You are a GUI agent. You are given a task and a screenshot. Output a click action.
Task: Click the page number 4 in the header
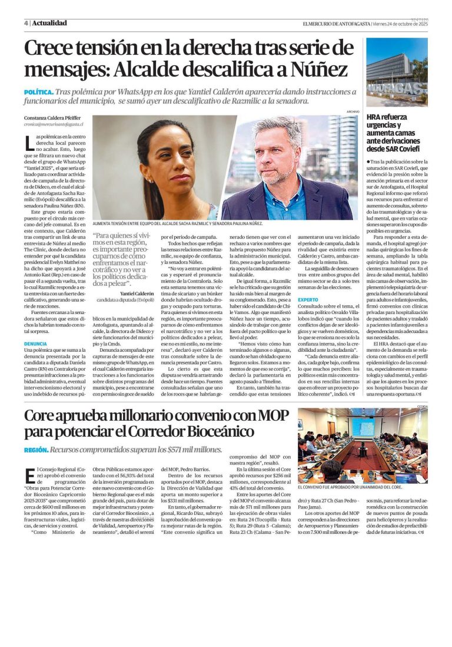[x=26, y=24]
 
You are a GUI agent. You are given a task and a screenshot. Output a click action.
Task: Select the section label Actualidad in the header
[x=49, y=24]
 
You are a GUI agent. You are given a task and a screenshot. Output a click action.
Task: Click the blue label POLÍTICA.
[x=38, y=93]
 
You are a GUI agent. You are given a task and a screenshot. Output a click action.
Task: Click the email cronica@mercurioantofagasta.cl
[x=53, y=124]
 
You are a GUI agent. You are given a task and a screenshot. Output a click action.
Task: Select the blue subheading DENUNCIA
[x=35, y=343]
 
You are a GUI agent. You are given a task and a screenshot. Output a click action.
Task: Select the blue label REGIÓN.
[x=36, y=450]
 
